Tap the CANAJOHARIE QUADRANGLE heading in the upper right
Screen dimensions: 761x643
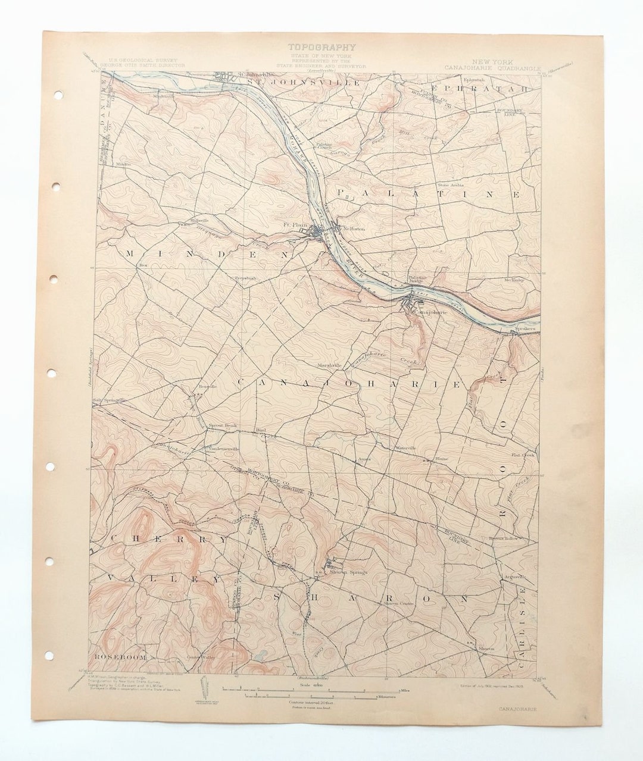492,67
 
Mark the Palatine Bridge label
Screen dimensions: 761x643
418,280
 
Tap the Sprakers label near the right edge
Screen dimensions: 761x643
526,328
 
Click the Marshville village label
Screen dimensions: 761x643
329,365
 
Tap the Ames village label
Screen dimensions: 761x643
364,459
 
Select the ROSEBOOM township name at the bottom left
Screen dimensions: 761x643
120,657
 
